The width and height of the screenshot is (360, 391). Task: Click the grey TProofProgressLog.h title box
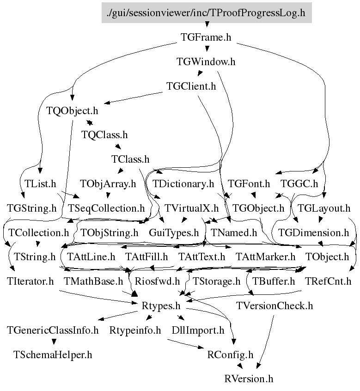(206, 12)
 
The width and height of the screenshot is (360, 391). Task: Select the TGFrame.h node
(206, 37)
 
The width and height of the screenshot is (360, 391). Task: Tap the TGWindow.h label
(206, 61)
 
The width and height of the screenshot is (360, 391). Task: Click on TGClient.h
(191, 86)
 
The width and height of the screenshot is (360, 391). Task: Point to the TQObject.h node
(73, 111)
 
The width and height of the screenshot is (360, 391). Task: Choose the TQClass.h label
(104, 135)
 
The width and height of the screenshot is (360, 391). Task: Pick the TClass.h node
(130, 159)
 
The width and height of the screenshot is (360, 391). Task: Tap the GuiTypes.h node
(174, 232)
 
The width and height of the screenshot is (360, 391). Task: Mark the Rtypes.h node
(160, 305)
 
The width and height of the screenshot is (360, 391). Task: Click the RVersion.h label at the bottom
(249, 379)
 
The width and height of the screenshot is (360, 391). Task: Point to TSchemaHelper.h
(53, 354)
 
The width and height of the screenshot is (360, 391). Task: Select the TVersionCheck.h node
(275, 305)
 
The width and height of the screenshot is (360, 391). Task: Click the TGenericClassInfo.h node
(53, 330)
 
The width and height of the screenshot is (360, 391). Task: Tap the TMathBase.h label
(93, 281)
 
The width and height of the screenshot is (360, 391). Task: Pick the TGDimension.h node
(314, 232)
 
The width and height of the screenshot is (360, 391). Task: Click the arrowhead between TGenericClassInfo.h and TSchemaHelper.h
(54, 342)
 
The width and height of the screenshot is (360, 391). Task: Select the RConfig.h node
(231, 354)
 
